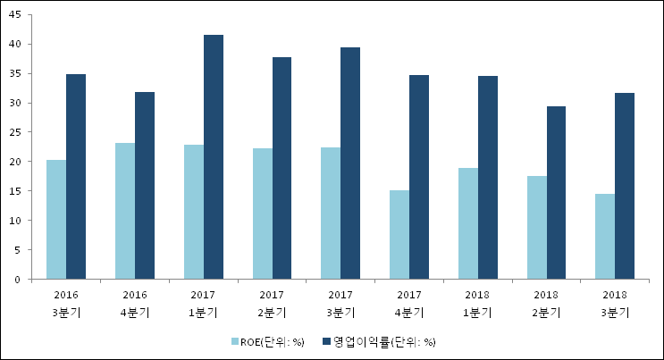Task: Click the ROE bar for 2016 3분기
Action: (x=56, y=220)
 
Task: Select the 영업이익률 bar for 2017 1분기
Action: (x=214, y=157)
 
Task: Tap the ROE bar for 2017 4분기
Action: (x=399, y=235)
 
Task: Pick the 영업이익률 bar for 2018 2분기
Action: (x=557, y=193)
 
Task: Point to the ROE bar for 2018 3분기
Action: (x=606, y=237)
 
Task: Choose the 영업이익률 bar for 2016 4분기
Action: (x=145, y=186)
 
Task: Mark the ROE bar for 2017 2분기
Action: (x=263, y=213)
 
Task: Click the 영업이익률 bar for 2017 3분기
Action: (x=351, y=163)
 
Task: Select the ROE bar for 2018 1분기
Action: (x=468, y=223)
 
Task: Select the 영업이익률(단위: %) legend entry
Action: (x=384, y=341)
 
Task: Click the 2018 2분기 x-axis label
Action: (x=547, y=303)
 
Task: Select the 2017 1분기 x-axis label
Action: (x=204, y=303)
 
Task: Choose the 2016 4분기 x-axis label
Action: (x=135, y=303)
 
